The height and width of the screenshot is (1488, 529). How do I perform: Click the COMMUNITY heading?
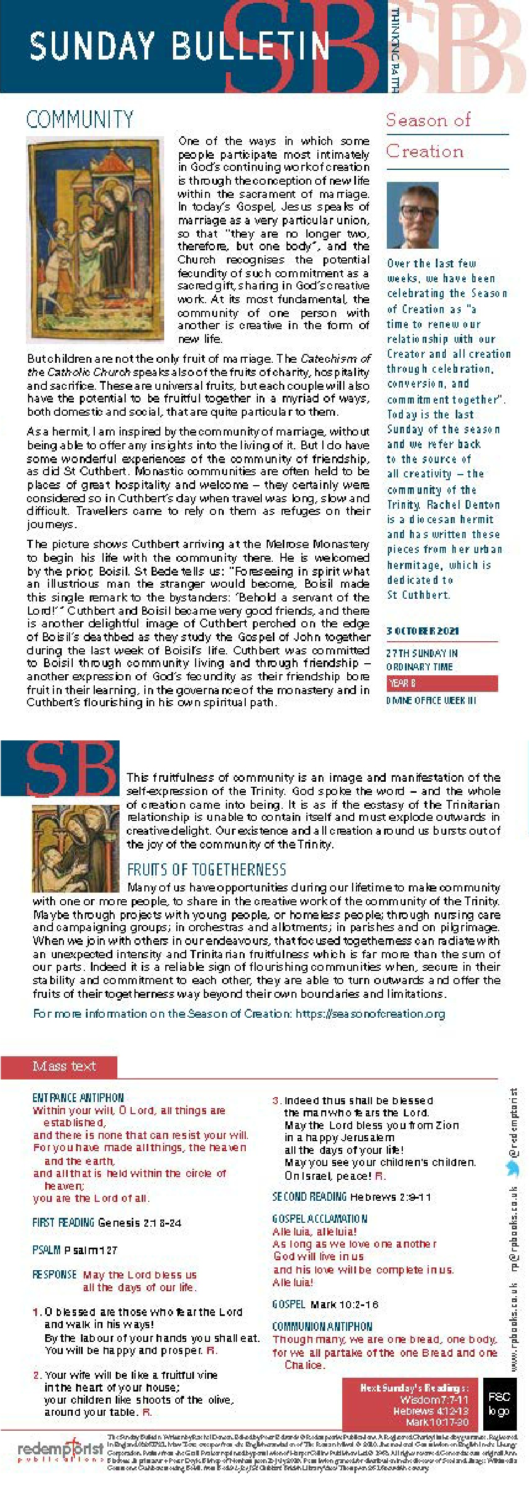coord(80,120)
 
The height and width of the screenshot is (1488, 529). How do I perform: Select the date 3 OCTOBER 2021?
coord(423,631)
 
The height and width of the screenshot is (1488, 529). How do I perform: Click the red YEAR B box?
coord(442,683)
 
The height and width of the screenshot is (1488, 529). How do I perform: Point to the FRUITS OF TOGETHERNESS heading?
coord(206,869)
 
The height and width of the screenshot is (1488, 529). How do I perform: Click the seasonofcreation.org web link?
coord(370,1014)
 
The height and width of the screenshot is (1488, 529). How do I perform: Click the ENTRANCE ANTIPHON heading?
coord(78,1098)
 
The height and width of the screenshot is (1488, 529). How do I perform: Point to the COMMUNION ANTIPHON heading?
coord(322,1326)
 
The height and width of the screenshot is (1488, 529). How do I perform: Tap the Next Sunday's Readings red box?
coord(412,1403)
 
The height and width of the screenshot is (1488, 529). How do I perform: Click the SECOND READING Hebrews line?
coord(351,1196)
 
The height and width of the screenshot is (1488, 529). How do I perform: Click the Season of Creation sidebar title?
coord(428,136)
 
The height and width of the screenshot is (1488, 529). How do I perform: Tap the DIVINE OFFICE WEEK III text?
coord(431,701)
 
